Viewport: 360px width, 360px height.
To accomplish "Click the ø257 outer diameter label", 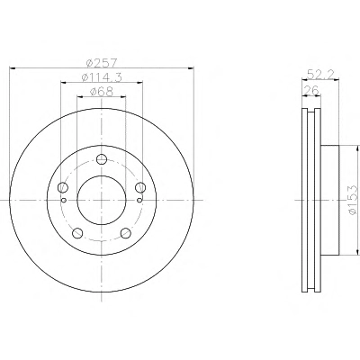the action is click(x=101, y=63).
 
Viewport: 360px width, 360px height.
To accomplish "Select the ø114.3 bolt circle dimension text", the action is click(x=102, y=77).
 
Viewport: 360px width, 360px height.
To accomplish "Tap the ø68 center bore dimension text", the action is click(x=102, y=92).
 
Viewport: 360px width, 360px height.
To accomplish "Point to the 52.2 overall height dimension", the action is click(x=320, y=75).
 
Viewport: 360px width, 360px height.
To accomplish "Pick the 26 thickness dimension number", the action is click(x=310, y=90).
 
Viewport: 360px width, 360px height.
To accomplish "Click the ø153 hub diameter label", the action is click(x=353, y=200).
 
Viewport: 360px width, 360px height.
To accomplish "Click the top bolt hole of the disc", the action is click(x=102, y=159).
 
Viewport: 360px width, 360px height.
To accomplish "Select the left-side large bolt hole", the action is click(x=62, y=188).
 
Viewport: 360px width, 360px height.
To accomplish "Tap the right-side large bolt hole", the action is click(x=140, y=188).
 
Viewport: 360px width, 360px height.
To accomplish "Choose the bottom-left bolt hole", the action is click(x=77, y=233).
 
